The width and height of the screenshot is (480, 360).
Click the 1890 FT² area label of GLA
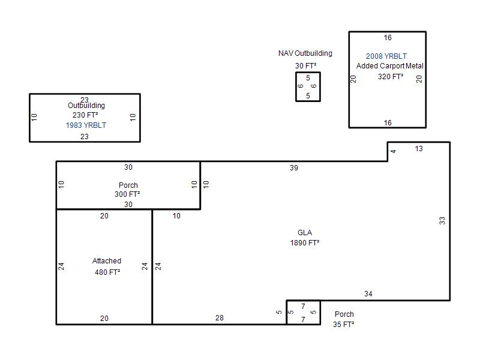[305, 243]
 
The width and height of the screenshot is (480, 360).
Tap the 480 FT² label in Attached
[107, 272]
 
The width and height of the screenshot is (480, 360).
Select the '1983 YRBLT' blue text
[86, 125]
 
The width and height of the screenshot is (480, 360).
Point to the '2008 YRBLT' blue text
[386, 56]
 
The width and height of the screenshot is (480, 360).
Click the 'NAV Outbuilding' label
[305, 53]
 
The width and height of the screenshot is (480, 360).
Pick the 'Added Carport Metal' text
[389, 66]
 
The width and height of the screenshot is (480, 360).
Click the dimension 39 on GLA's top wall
[294, 168]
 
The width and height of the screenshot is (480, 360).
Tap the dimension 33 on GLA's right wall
[442, 221]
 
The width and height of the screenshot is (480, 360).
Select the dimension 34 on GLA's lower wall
[368, 294]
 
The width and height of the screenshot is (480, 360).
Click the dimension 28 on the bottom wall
[220, 318]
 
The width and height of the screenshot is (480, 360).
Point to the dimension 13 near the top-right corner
[419, 149]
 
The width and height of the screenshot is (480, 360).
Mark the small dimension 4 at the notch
[394, 151]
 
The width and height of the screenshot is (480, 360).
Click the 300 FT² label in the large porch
[127, 194]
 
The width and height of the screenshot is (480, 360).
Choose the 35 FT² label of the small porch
[343, 325]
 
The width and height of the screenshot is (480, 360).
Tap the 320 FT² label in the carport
[391, 77]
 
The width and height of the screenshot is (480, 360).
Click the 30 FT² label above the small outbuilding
[306, 66]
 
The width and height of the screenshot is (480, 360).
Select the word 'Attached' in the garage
[107, 261]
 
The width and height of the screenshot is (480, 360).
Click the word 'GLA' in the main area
[305, 233]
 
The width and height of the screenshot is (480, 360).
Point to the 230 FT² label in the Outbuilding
[85, 115]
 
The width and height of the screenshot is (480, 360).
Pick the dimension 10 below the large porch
[176, 216]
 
